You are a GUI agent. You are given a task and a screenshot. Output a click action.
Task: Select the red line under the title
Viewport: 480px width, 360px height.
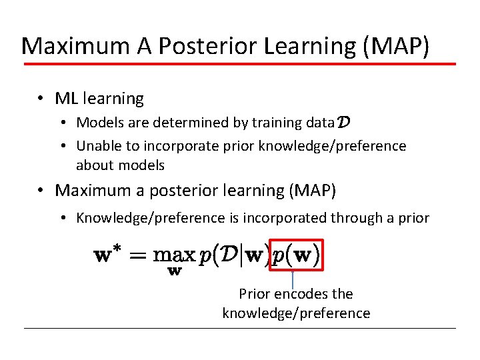[240, 64]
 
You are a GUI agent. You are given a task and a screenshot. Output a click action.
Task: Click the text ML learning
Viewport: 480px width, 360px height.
[99, 99]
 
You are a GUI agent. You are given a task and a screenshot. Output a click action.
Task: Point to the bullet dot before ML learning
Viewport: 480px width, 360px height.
[41, 99]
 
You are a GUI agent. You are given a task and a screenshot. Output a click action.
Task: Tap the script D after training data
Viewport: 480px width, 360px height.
[345, 122]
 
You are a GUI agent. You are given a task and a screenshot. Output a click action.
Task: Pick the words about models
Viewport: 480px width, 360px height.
[120, 165]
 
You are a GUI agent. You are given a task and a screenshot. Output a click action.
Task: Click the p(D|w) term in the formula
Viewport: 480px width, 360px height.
[235, 255]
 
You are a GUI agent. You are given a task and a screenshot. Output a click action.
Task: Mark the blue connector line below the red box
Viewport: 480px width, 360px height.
[293, 279]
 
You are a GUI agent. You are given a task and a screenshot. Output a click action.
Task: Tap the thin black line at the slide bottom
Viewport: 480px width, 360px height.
[240, 328]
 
